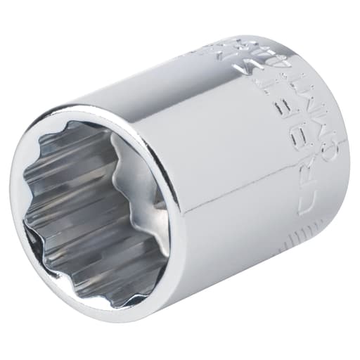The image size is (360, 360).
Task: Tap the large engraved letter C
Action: coord(307,204)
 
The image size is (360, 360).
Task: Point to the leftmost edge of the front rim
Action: coord(13,204)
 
